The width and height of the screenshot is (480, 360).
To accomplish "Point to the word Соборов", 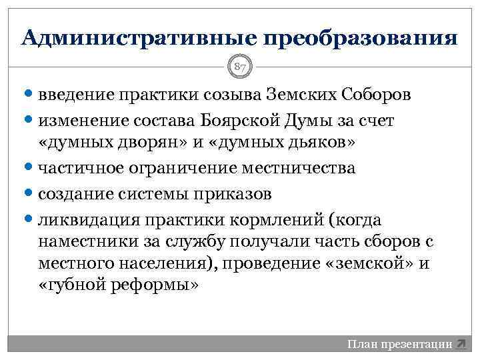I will (x=377, y=94).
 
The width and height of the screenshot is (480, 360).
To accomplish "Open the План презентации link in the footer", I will (x=399, y=345).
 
